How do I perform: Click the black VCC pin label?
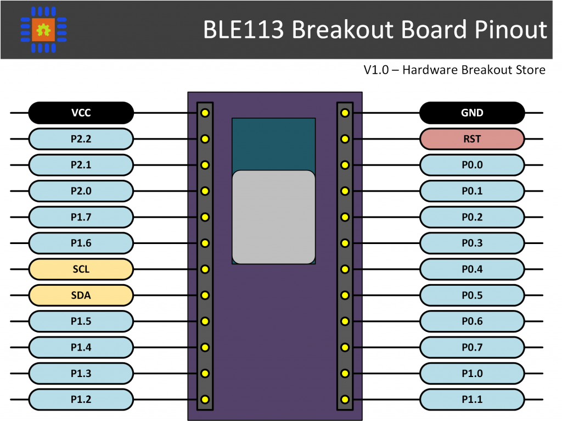coord(81,113)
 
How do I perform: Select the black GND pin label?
coord(472,113)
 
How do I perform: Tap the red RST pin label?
coord(472,139)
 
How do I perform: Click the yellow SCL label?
coord(81,269)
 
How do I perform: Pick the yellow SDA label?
coord(81,295)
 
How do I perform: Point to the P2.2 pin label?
coord(81,139)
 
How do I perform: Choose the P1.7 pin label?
coord(81,217)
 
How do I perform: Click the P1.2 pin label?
coord(81,400)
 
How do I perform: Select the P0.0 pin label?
coord(472,165)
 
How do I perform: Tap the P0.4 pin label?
coord(472,269)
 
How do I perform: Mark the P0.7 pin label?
coord(472,347)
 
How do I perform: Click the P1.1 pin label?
coord(472,400)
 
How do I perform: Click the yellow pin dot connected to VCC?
coord(205,113)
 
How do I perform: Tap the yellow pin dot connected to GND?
coord(345,113)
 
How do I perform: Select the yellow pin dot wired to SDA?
coord(205,296)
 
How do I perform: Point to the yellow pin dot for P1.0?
coord(345,374)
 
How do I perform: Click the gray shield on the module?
coord(273,217)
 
